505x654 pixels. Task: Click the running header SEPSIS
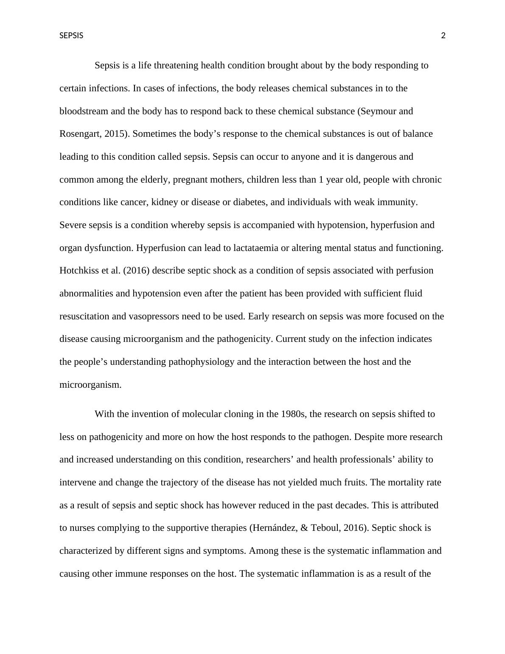[71, 36]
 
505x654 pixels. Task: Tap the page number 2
[443, 36]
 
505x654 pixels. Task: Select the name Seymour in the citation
[377, 111]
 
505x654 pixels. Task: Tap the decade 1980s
[293, 414]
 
